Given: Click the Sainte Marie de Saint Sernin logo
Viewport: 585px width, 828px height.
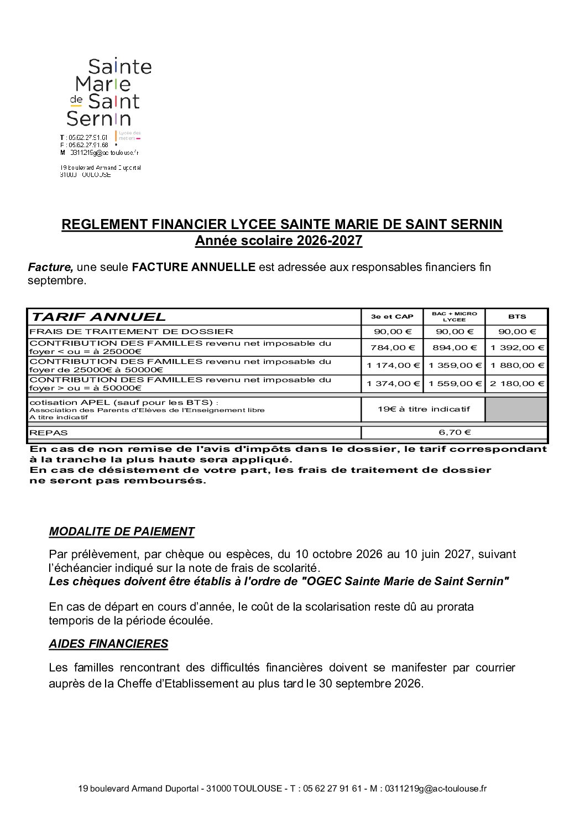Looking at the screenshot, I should (109, 92).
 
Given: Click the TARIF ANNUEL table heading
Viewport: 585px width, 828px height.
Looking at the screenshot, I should (98, 317).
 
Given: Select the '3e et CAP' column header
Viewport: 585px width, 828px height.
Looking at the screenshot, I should (392, 317).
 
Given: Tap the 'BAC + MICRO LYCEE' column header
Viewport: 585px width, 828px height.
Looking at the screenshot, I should (454, 317).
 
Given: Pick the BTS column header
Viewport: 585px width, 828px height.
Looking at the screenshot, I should (516, 317).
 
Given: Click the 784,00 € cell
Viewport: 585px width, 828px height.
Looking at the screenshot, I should (392, 348).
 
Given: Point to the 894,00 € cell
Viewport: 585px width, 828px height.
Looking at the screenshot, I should (454, 348).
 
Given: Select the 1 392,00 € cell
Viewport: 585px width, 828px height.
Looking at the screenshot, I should (516, 348).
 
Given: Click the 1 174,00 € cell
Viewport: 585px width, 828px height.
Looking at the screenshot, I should (392, 366).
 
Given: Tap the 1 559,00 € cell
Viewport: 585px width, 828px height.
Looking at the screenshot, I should (454, 383).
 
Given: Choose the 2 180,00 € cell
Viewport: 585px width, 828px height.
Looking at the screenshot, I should (516, 383).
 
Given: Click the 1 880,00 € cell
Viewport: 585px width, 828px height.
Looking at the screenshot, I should (516, 366).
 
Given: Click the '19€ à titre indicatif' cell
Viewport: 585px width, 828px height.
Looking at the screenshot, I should (423, 409).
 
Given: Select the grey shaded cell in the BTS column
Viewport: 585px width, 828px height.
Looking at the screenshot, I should (516, 409).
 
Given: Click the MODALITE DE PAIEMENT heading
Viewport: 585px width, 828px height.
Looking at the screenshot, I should (122, 532).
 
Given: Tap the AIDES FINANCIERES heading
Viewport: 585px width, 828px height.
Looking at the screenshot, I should (108, 644).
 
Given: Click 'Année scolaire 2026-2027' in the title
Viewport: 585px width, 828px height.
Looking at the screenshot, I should (278, 241).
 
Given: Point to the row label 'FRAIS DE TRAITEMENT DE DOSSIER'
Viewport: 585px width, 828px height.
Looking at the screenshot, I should (131, 332).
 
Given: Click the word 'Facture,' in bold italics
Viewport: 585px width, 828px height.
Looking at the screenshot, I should (50, 267).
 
